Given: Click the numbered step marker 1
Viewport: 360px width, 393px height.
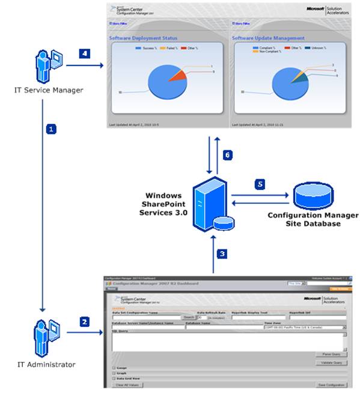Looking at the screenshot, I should pos(52,129).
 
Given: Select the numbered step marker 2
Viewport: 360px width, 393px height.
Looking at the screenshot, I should pos(86,321).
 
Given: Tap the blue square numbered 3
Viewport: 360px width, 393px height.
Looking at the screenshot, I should pos(222,254).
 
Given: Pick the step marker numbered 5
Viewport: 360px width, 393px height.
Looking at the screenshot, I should pos(260,184).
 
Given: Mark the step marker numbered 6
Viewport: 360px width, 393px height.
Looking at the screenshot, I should pos(227,154).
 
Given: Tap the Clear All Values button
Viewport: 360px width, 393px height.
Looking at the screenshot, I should pos(127,385).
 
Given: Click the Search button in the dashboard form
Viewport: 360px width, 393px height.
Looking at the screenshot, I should pos(189,317).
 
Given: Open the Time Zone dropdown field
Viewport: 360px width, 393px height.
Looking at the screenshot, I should pos(305,327).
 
